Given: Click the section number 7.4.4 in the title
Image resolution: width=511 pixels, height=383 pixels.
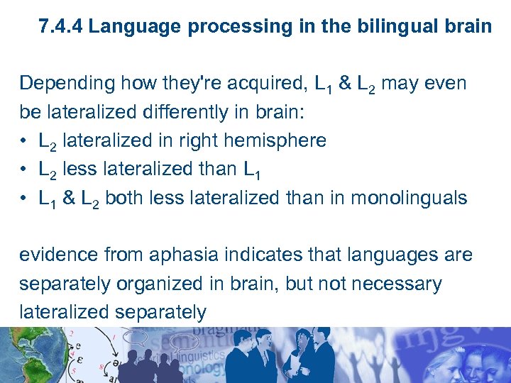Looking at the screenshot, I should [62, 28].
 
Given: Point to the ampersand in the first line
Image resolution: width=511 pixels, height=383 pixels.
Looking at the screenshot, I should [346, 84].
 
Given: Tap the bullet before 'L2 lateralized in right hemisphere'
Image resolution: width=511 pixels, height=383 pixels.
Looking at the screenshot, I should [24, 140].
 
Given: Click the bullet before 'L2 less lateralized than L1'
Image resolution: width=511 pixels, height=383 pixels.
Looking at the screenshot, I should [24, 169].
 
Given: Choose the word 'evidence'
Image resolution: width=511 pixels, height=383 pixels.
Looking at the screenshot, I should [57, 255].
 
